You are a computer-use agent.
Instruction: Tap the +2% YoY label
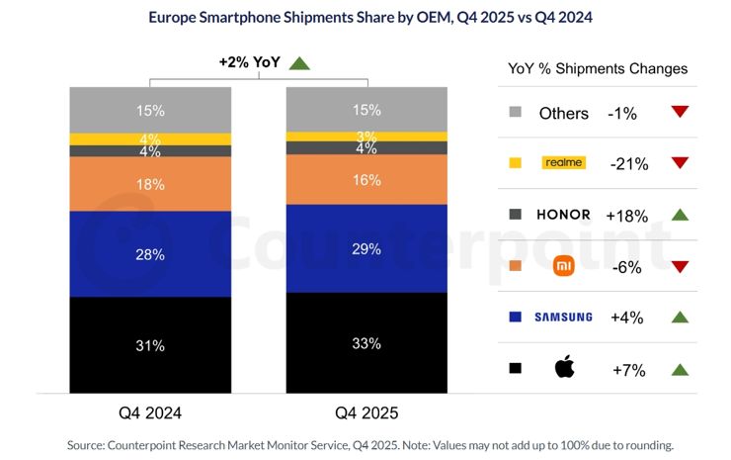[250, 62]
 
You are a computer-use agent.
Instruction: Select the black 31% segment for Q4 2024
[149, 346]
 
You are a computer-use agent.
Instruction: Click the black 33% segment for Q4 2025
[365, 344]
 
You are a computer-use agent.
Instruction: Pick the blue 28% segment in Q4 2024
[149, 255]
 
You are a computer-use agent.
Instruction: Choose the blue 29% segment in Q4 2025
[365, 249]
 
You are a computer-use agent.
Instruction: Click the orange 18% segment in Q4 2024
[149, 185]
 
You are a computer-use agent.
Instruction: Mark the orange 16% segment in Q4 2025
[365, 180]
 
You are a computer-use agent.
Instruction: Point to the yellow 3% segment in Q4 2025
[365, 136]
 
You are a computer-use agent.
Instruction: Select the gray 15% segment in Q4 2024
[149, 109]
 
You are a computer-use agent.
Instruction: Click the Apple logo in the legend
[563, 368]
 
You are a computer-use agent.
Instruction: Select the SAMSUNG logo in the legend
[563, 317]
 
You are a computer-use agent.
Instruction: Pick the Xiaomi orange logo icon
[563, 265]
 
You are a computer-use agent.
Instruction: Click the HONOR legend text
[563, 215]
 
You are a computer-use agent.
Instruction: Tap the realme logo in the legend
[563, 162]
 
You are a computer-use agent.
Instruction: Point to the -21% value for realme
[627, 164]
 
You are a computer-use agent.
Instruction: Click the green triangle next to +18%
[679, 215]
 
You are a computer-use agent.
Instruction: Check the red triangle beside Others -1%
[679, 112]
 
